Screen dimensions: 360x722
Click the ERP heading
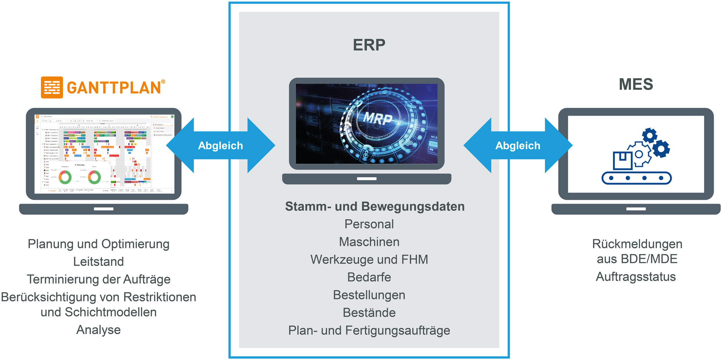pyautogui.click(x=369, y=45)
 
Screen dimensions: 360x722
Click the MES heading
pyautogui.click(x=636, y=84)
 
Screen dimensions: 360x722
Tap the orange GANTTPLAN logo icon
pyautogui.click(x=52, y=88)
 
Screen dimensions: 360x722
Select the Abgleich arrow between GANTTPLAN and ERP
pyautogui.click(x=220, y=145)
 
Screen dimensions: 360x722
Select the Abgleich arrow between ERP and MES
pyautogui.click(x=518, y=145)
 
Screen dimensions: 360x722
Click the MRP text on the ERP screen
pyautogui.click(x=378, y=119)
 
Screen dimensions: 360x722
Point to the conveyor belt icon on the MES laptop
pyautogui.click(x=637, y=178)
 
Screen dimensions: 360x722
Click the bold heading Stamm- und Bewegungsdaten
pyautogui.click(x=375, y=206)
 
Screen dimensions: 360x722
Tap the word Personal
pyautogui.click(x=369, y=224)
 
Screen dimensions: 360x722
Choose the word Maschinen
pyautogui.click(x=369, y=242)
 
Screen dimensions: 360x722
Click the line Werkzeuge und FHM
pyautogui.click(x=369, y=259)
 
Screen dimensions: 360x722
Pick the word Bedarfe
pyautogui.click(x=369, y=277)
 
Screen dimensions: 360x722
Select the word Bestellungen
pyautogui.click(x=369, y=295)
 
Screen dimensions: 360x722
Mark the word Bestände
pyautogui.click(x=369, y=313)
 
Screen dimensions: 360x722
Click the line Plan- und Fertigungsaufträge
pyautogui.click(x=369, y=330)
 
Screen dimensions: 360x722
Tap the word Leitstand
pyautogui.click(x=99, y=262)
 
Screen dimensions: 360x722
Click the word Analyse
pyautogui.click(x=99, y=330)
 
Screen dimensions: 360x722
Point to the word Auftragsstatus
pyautogui.click(x=636, y=277)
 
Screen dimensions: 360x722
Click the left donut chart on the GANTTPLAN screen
pyautogui.click(x=65, y=177)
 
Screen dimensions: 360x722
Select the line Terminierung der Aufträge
pyautogui.click(x=99, y=279)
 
